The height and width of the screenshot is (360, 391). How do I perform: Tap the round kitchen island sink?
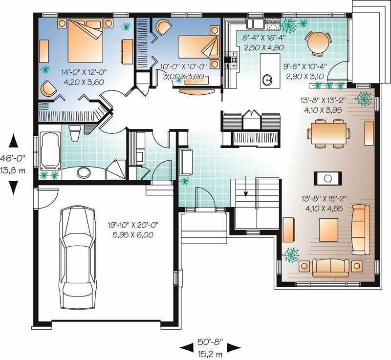tap(267, 80)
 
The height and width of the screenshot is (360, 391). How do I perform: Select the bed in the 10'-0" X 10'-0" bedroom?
tap(196, 47)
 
